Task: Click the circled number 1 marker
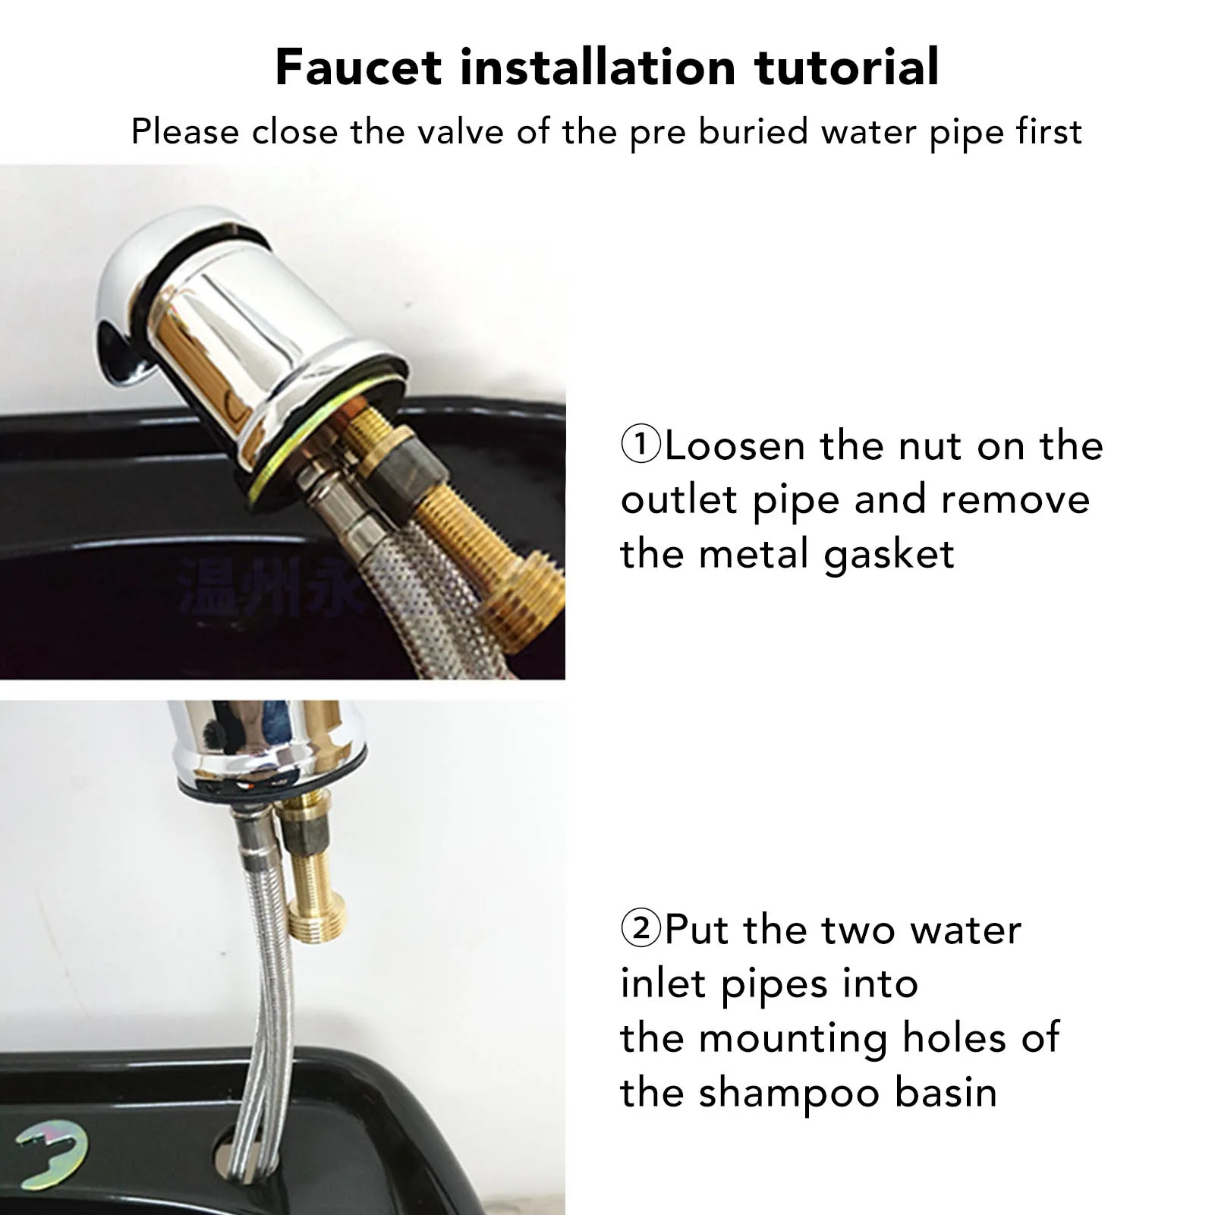(x=641, y=445)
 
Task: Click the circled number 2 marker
(x=641, y=929)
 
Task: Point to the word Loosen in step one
(x=735, y=446)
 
